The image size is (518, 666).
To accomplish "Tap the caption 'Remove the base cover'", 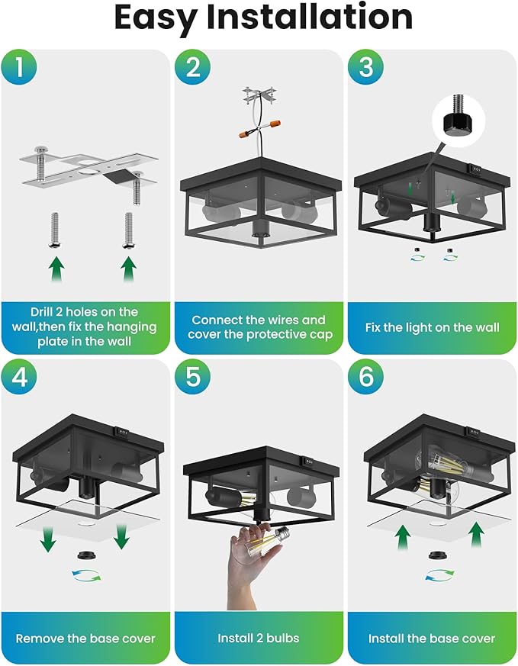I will [85, 639].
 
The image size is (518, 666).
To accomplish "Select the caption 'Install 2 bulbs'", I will [259, 639].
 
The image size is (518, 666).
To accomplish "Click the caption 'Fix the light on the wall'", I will [432, 327].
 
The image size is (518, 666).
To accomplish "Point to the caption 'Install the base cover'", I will [432, 639].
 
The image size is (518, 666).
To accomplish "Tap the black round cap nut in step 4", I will [85, 555].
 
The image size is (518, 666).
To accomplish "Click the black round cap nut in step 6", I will [436, 555].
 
